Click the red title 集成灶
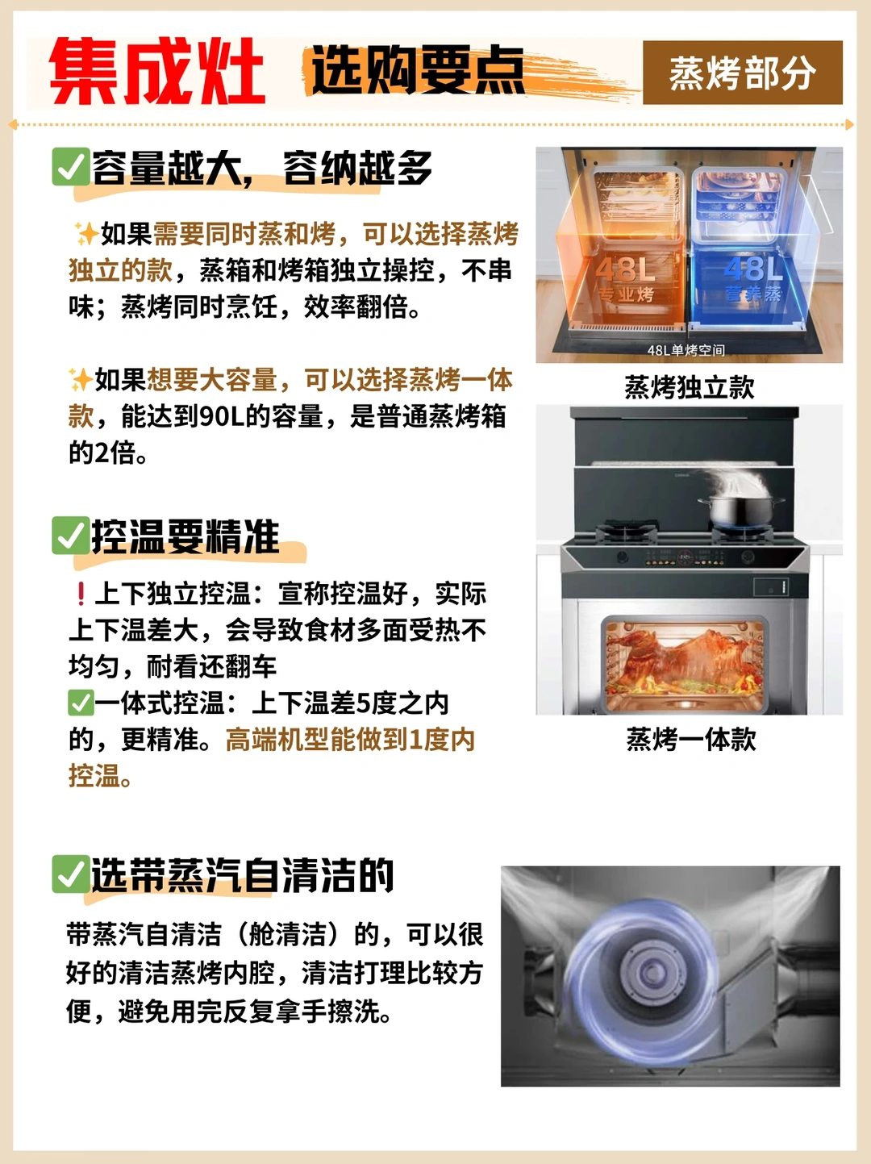[157, 72]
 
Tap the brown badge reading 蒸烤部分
[742, 73]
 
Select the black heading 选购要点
[418, 70]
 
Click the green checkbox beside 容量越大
[70, 166]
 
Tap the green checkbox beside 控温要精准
[70, 535]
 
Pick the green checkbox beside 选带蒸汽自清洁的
[70, 874]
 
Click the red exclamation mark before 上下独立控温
[81, 594]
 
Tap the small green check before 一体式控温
[81, 703]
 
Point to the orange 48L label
[626, 269]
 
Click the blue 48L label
[752, 269]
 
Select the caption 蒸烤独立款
[690, 387]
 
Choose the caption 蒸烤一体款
[691, 739]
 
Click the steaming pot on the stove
[740, 510]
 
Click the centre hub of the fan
[649, 971]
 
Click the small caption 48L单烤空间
[686, 350]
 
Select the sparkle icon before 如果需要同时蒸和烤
[86, 234]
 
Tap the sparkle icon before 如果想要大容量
[81, 380]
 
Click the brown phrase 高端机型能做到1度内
[350, 740]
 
